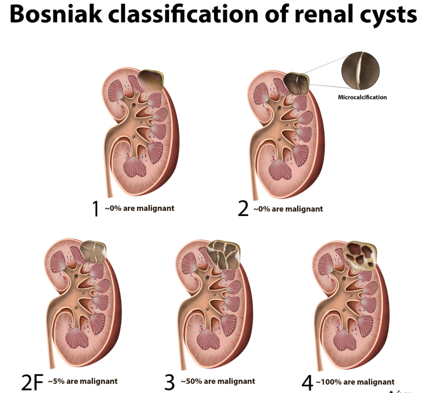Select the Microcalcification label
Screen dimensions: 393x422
(x=362, y=97)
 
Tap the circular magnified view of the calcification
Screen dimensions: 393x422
(x=361, y=71)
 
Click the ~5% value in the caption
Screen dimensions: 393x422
(x=56, y=381)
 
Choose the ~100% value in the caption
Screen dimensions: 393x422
(x=329, y=382)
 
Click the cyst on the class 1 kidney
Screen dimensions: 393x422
(x=151, y=79)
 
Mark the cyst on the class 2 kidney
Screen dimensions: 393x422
(x=296, y=84)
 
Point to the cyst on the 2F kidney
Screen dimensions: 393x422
(x=93, y=252)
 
